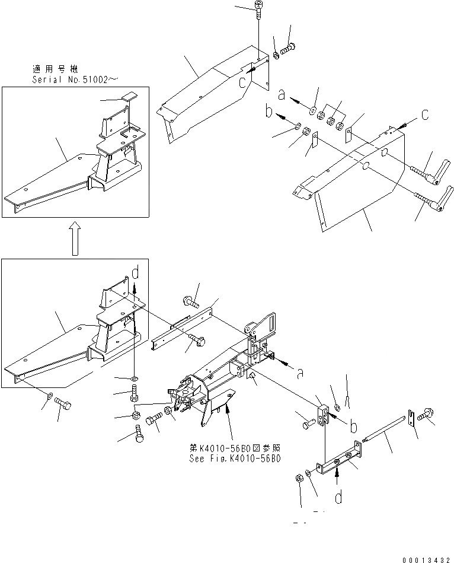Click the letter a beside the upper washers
pos(282,94)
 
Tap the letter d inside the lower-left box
pos(136,274)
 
